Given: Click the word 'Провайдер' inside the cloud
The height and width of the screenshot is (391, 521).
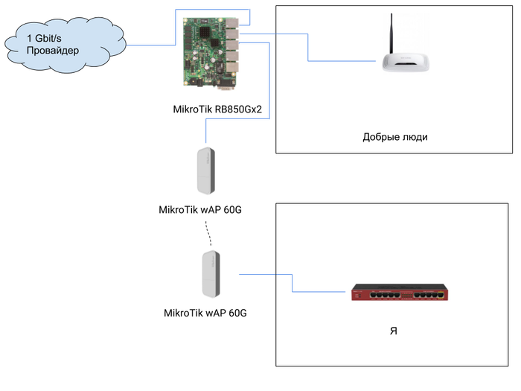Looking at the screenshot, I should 53,51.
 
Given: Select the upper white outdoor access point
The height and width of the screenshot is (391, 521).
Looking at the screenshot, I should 205,171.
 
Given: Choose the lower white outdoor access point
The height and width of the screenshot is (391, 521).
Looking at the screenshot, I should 211,275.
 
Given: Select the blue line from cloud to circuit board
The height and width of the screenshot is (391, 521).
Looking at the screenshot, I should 153,45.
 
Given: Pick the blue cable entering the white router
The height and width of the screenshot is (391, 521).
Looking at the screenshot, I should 342,61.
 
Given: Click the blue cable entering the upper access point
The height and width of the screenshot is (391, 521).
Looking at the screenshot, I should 206,130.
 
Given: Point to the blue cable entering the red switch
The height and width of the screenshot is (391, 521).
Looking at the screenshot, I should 320,290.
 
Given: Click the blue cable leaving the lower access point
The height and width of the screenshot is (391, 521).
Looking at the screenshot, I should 257,275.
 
